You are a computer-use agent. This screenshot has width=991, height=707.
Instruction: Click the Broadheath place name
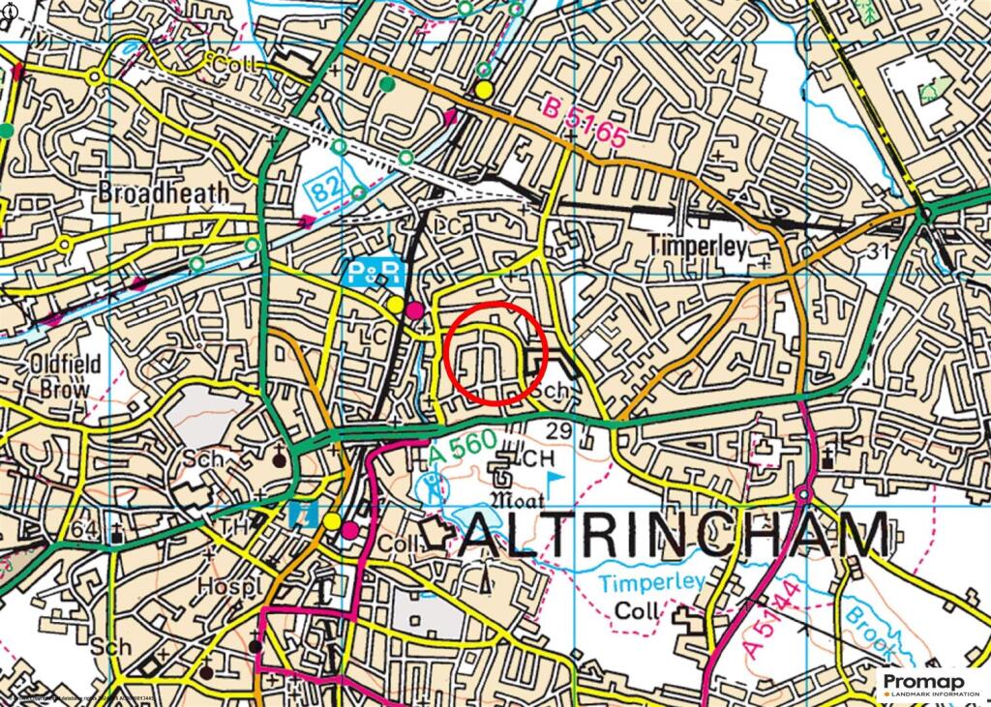[x=164, y=192]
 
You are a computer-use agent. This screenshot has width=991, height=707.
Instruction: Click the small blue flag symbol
[x=555, y=479]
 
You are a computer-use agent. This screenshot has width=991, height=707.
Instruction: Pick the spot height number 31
[x=879, y=250]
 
